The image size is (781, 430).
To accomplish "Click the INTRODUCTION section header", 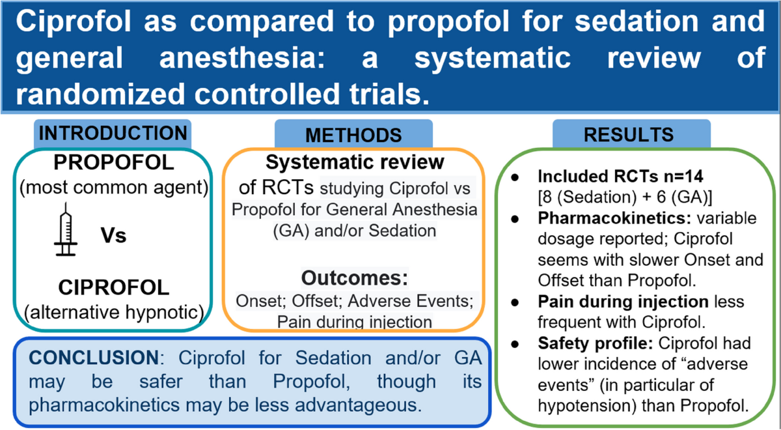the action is tap(113, 133).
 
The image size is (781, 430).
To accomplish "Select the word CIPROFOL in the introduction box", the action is tap(113, 287).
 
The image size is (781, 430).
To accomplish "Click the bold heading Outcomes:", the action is tap(353, 278).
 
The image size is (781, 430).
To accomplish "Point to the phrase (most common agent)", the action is tap(113, 188).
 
